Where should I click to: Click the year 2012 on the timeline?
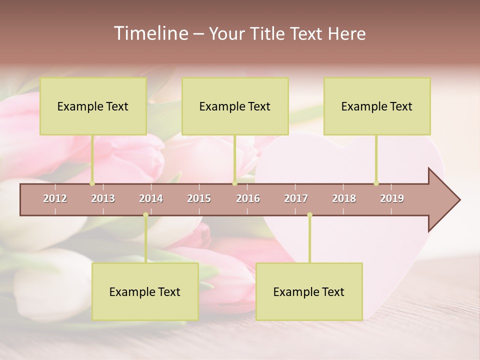[x=55, y=198]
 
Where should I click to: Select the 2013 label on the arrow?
[x=103, y=198]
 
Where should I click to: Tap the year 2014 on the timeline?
[x=151, y=198]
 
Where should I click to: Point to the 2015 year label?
[x=199, y=198]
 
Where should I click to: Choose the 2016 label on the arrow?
[x=248, y=198]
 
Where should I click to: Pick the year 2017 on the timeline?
[x=296, y=198]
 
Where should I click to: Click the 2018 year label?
[x=344, y=198]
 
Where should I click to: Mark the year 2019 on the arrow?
[x=392, y=198]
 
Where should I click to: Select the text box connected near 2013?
[x=93, y=106]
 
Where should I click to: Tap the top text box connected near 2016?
[x=235, y=106]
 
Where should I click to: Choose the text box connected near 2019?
[x=377, y=106]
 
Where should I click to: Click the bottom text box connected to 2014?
[x=145, y=291]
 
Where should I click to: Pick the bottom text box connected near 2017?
[x=309, y=291]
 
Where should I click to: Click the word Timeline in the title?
[x=150, y=33]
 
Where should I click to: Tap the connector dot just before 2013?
[x=92, y=183]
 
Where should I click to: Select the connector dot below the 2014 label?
[x=145, y=215]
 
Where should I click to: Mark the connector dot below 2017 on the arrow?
[x=309, y=215]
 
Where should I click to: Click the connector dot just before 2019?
[x=376, y=183]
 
